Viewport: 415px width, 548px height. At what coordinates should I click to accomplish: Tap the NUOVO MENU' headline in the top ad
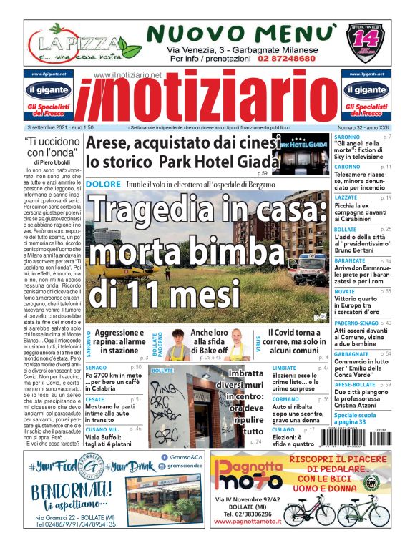coord(243,33)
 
